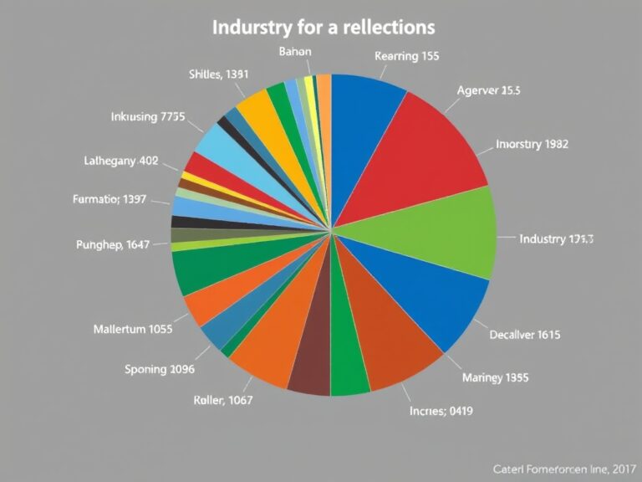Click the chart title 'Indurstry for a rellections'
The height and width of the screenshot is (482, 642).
coord(323,27)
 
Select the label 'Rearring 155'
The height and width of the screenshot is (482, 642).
coord(407,57)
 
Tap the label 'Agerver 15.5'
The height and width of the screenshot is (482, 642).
coord(489,91)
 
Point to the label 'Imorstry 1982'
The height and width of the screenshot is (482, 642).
coord(532,143)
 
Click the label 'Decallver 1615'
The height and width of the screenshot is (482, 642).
coord(524,335)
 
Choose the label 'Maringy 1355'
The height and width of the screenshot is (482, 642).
coord(494,377)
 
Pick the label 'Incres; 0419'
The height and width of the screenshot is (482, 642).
coord(441,410)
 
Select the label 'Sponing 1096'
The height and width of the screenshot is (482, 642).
coord(159,369)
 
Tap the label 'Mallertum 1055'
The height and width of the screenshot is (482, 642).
coord(133,329)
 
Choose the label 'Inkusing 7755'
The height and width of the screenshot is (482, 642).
coord(147,117)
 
